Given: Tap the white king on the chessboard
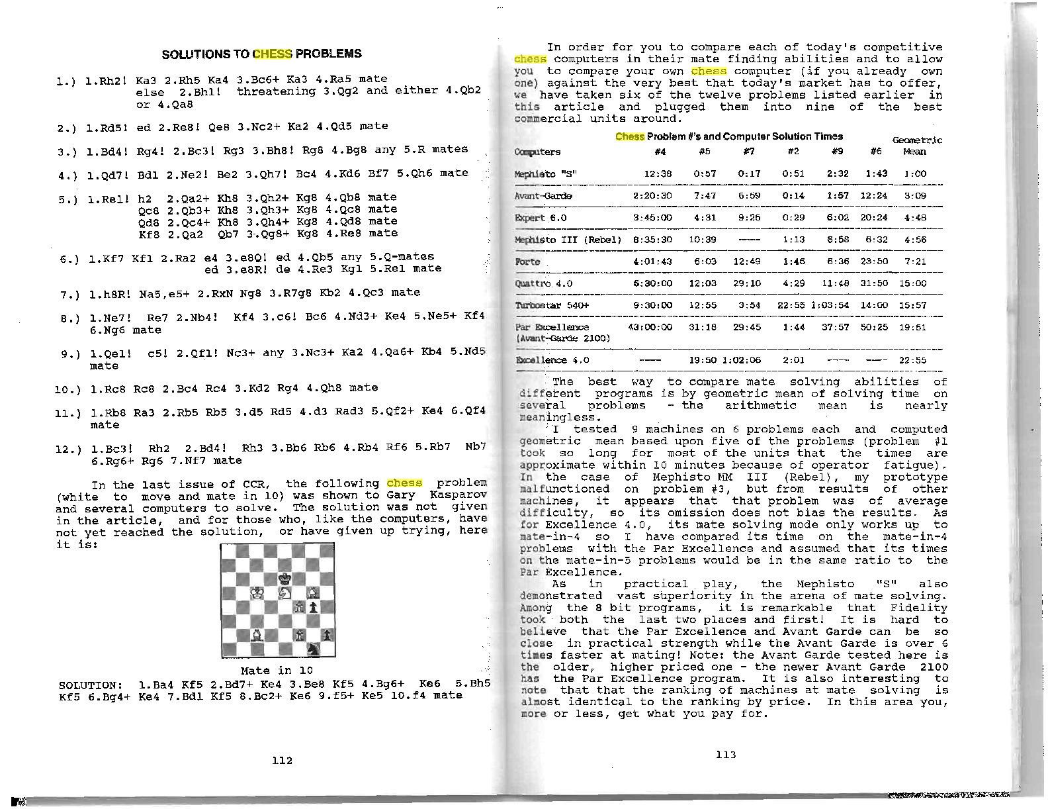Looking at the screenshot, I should (x=257, y=593).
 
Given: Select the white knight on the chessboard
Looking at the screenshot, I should (x=285, y=593).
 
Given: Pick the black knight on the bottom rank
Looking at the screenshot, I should (x=314, y=649).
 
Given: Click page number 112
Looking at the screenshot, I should (x=282, y=760).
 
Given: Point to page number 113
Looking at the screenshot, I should (x=725, y=754).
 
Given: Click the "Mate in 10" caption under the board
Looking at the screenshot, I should (x=277, y=670).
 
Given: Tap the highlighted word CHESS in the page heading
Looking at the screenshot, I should (x=273, y=54).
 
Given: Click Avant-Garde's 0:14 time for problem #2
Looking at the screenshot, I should (x=793, y=196).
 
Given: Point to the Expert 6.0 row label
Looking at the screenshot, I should (x=541, y=218).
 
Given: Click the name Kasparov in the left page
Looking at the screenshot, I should (x=459, y=495).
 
